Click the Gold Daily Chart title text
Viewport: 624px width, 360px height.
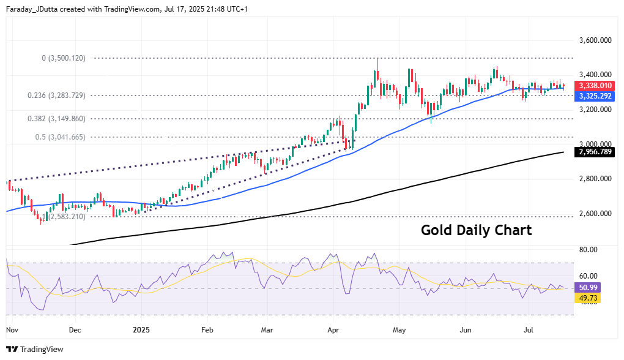tap(476, 231)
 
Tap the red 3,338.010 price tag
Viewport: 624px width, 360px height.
tap(595, 86)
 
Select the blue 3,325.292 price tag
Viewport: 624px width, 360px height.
tap(595, 96)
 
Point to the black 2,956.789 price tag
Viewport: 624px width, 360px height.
tap(595, 151)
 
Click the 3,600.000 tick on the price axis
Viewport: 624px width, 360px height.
tap(595, 40)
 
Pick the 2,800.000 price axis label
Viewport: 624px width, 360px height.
tap(595, 179)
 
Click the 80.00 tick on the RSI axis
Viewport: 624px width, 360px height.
tap(589, 250)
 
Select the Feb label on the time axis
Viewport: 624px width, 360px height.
tap(207, 329)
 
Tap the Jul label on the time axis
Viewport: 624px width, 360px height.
tap(530, 329)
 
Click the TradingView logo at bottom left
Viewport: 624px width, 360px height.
tap(35, 350)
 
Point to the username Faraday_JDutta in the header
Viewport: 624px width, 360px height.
tap(32, 9)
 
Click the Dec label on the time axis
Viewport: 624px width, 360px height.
tap(75, 329)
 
